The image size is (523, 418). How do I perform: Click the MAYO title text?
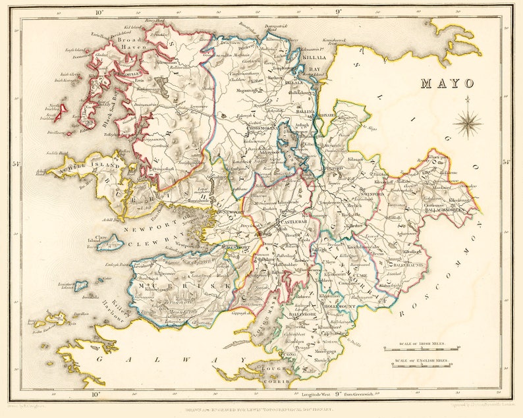[447, 84]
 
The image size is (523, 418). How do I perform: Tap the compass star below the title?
[467, 123]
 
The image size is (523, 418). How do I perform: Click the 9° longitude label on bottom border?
[339, 395]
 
